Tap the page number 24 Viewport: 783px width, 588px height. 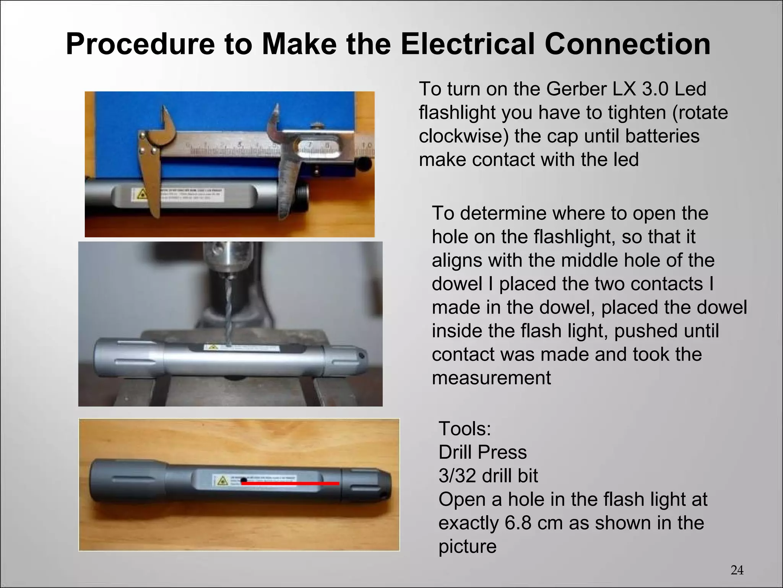pos(737,570)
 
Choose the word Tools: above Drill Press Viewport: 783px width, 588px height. pos(465,428)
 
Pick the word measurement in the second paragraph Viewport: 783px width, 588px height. pos(491,378)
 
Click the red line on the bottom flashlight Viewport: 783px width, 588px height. pos(291,483)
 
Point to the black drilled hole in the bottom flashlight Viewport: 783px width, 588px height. pos(244,479)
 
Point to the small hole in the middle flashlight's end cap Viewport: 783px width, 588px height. pos(362,356)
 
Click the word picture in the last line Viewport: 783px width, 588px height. pos(467,546)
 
